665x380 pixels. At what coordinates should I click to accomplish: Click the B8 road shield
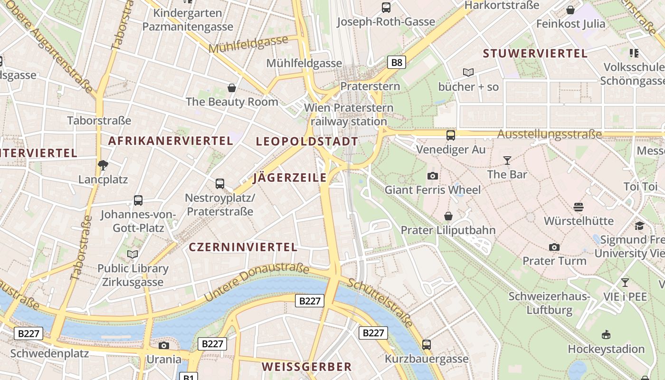pos(397,62)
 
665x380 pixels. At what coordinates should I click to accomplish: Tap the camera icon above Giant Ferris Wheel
pos(432,176)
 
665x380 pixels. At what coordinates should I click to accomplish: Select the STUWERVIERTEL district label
pos(535,54)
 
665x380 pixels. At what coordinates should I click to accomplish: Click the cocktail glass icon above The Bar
pos(507,161)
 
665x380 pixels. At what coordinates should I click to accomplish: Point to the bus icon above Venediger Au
pos(450,135)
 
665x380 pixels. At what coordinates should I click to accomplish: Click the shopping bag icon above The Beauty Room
pos(232,88)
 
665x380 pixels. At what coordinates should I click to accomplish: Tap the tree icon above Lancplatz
pos(103,165)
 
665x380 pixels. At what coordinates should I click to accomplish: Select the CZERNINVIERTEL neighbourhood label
pos(243,247)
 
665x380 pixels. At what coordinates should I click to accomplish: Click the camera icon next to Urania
pos(164,345)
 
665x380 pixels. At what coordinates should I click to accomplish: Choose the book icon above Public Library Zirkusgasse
pos(133,255)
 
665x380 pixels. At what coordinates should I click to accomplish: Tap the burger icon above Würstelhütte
pos(578,207)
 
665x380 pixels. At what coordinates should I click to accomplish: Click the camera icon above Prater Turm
pos(554,247)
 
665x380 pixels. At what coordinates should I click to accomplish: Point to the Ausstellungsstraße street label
pos(549,134)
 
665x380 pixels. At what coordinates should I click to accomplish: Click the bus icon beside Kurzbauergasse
pos(427,345)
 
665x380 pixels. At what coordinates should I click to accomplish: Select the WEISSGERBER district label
pos(306,367)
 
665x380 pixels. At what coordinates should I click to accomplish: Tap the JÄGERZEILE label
pos(290,178)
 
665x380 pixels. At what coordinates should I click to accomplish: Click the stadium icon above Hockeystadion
pos(606,335)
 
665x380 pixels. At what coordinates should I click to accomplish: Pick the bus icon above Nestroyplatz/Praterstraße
pos(219,184)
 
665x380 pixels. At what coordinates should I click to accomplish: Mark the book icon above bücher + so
pos(468,73)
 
